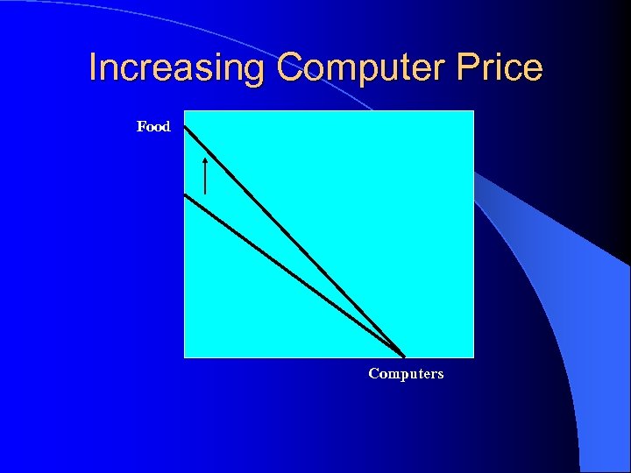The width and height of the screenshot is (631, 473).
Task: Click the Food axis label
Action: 153,127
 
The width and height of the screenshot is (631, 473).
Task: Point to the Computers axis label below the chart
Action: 406,374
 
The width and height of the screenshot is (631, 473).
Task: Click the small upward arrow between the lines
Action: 205,175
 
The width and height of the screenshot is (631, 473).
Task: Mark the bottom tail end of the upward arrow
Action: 205,193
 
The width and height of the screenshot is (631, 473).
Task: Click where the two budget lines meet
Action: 404,356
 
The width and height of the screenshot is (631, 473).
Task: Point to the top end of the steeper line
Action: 185,126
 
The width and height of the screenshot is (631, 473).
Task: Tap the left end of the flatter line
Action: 185,194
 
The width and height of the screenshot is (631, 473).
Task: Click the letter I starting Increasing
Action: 94,68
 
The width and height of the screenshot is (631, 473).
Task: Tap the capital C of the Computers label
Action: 373,374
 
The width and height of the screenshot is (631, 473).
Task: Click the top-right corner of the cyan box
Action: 473,111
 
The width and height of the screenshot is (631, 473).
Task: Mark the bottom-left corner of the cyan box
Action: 184,357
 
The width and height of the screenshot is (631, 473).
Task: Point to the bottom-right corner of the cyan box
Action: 473,357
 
